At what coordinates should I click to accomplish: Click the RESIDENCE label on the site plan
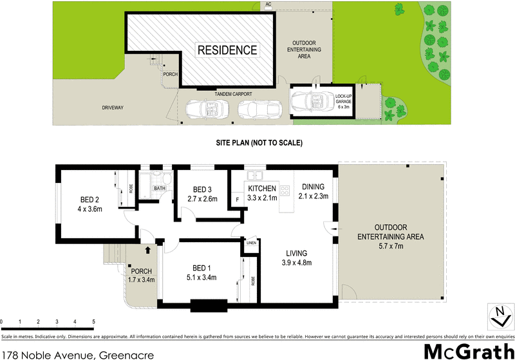click(227, 50)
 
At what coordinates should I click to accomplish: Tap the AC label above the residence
click(268, 5)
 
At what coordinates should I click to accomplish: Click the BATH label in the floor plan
click(160, 188)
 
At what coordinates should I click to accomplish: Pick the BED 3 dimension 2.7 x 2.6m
click(202, 200)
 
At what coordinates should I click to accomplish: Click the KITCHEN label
click(262, 188)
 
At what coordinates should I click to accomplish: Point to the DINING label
click(313, 187)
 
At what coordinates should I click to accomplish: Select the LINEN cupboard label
click(251, 243)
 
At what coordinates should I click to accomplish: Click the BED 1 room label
click(201, 268)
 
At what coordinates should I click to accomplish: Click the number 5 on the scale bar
click(93, 321)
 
